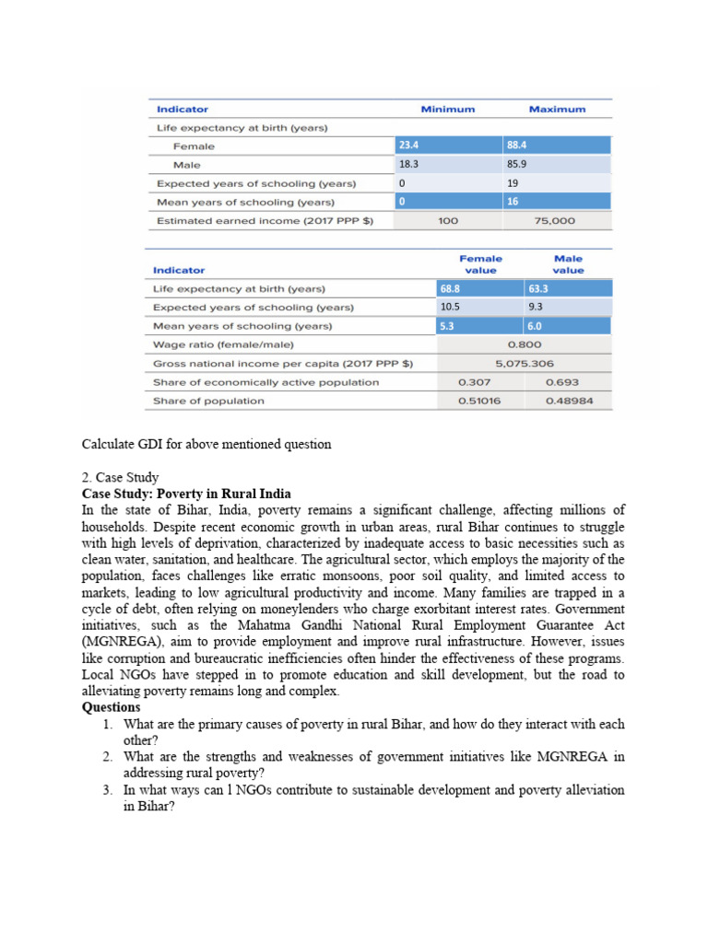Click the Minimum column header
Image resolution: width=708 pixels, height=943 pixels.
(448, 110)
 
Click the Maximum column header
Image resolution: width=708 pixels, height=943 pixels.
(557, 110)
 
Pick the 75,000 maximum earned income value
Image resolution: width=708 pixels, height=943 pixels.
(554, 221)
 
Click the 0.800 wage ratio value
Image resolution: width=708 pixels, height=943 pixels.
(524, 344)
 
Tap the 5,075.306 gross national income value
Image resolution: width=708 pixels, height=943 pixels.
(524, 364)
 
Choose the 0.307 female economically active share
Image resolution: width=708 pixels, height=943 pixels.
(474, 382)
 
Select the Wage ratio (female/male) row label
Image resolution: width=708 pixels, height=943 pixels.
(223, 344)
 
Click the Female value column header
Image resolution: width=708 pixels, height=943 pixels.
(481, 264)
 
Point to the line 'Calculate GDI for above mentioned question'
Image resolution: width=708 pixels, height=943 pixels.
(206, 444)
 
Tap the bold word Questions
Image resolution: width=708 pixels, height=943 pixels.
(111, 707)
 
